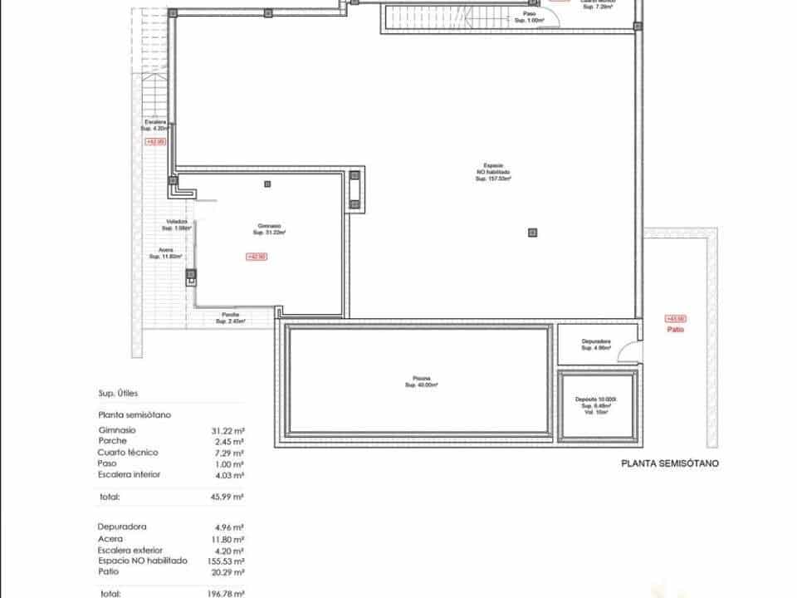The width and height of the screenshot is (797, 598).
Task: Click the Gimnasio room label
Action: click(269, 229)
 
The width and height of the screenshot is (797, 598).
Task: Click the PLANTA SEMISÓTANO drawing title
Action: click(668, 464)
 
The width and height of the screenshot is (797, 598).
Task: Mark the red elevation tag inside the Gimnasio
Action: click(257, 257)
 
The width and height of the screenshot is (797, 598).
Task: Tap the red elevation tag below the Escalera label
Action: click(155, 142)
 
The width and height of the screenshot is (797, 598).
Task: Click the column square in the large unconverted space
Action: click(532, 232)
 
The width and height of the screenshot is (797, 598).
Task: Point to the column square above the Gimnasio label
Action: click(267, 184)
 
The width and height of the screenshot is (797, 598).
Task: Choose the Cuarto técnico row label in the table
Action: click(128, 453)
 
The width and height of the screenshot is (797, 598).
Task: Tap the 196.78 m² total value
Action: click(227, 594)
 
